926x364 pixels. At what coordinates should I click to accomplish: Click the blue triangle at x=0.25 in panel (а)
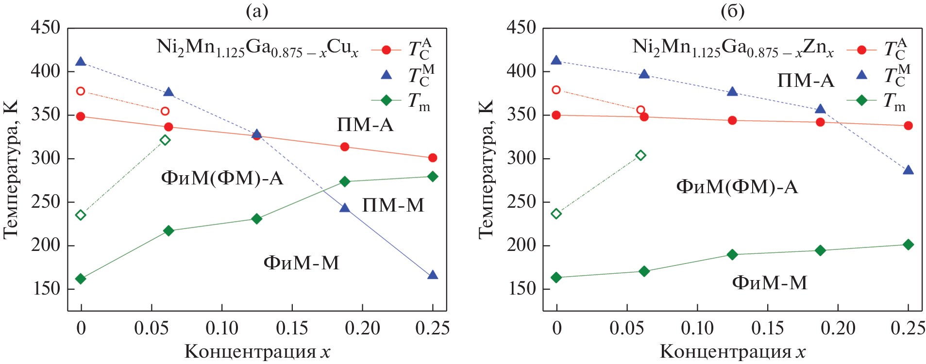coord(432,275)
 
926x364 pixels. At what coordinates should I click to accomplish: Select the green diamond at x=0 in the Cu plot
coord(81,279)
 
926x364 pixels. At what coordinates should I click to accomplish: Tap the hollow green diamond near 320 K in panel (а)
coord(165,140)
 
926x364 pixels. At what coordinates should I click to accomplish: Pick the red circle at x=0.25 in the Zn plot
coord(908,126)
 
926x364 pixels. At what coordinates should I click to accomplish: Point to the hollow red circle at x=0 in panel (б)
coord(556,90)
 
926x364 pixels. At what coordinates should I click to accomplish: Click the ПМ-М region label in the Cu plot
coord(393,205)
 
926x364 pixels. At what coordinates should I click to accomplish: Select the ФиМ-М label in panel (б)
coord(769,282)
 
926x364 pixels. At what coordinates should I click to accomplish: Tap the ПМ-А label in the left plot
coord(365,125)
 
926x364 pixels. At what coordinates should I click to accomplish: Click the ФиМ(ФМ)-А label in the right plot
coord(737,186)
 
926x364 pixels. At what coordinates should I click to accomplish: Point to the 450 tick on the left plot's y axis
coord(45,28)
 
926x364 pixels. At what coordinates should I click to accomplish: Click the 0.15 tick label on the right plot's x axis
coord(767,329)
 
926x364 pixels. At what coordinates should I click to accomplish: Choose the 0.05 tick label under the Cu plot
coord(152,329)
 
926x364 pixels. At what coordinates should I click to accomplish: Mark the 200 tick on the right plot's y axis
coord(521,245)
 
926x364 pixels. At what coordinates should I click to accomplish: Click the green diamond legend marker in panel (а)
coord(386,100)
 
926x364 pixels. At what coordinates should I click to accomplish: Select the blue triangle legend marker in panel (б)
coord(861,75)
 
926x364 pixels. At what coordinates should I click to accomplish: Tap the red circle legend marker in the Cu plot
coord(386,50)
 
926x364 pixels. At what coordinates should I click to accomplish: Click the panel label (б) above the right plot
coord(732,11)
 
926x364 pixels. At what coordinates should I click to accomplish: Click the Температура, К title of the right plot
coord(486,169)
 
